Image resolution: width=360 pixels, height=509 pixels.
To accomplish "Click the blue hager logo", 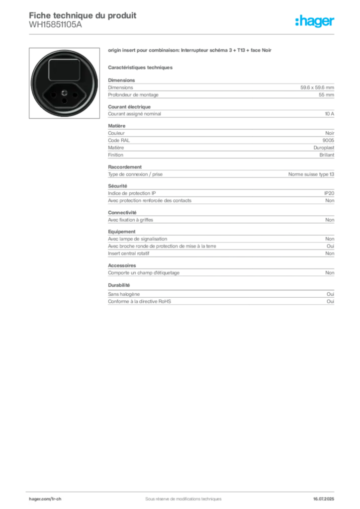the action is pyautogui.click(x=315, y=22).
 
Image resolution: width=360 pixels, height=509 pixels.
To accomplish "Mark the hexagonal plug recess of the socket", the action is pyautogui.click(x=64, y=94).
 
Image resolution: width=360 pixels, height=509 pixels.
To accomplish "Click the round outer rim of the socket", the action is pyautogui.click(x=34, y=84).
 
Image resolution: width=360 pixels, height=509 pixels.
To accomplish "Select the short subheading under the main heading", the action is pyautogui.click(x=141, y=67).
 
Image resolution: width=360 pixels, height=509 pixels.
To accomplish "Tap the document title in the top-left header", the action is pyautogui.click(x=83, y=15).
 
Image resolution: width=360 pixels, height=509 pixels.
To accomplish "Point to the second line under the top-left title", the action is pyautogui.click(x=55, y=28).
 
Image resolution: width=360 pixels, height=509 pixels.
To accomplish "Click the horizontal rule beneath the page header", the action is pyautogui.click(x=183, y=34).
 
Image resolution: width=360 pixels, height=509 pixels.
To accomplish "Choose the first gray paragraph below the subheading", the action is pyautogui.click(x=221, y=89).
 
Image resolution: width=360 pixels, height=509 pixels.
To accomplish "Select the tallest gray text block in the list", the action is pyautogui.click(x=221, y=144).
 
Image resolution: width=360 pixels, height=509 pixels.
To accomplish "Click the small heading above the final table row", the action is pyautogui.click(x=119, y=285).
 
